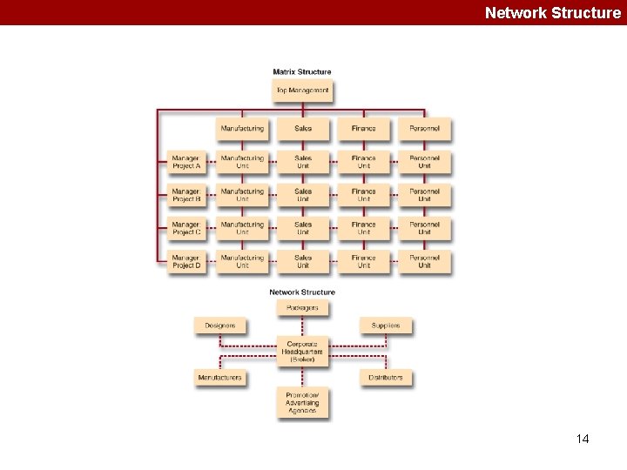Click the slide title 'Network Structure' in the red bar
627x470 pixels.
552,12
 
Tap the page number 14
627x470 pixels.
583,439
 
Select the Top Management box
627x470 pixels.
302,90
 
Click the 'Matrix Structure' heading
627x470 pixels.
302,71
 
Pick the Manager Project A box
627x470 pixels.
186,162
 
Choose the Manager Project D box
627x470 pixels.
186,261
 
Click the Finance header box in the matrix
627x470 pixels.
364,129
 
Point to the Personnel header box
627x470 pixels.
425,129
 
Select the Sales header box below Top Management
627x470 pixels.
303,129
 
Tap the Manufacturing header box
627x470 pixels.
242,129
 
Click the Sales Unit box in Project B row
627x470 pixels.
303,195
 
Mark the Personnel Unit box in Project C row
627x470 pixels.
425,228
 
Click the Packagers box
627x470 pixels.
303,308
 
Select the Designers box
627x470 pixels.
220,326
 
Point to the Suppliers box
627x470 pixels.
386,326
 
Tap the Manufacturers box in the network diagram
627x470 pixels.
220,378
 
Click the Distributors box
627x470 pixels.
386,378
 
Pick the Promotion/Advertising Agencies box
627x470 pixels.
303,402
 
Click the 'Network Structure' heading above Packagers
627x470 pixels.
302,292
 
